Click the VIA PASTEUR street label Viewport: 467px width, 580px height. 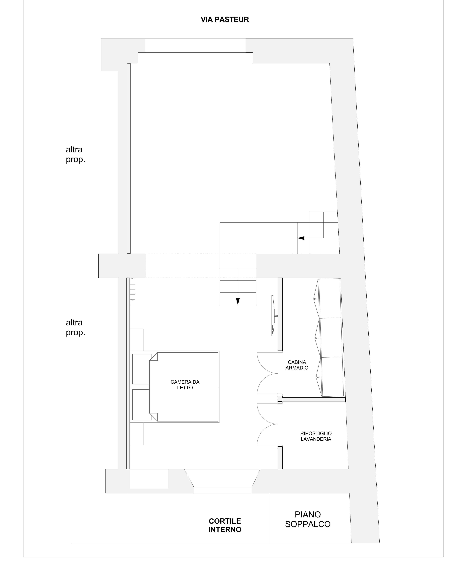[225, 20]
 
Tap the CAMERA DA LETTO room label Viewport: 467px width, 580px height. [185, 385]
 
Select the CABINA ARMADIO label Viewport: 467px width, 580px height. [297, 365]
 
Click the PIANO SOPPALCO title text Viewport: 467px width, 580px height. [308, 519]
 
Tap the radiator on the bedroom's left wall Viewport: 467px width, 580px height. [132, 289]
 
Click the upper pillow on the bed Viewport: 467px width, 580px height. [142, 369]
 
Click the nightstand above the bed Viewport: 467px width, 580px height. [137, 340]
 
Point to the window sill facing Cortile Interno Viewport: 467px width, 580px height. [223, 490]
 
